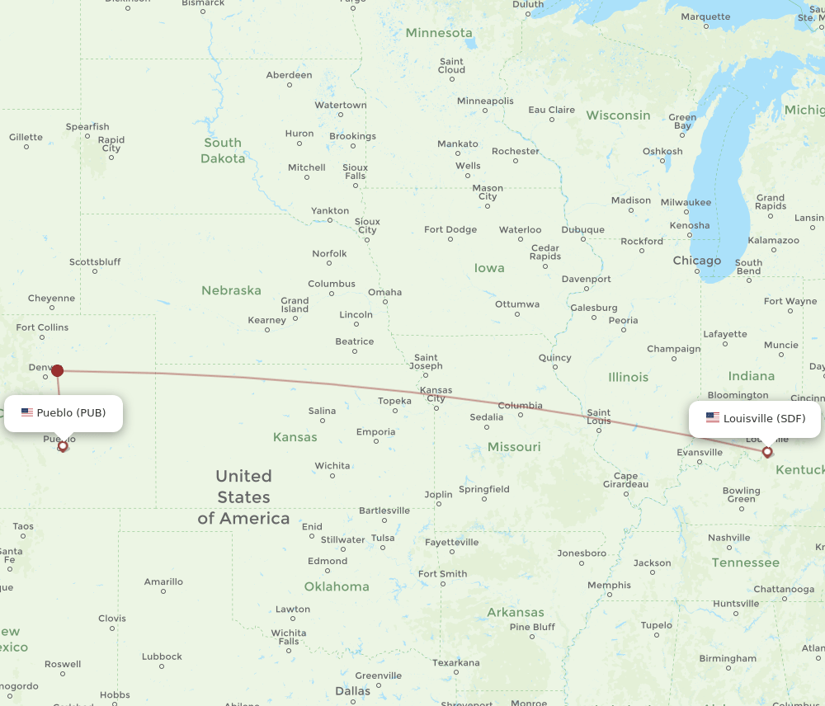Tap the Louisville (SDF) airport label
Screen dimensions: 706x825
coord(755,419)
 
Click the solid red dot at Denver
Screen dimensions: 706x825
coord(57,370)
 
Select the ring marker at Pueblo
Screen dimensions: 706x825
coord(63,446)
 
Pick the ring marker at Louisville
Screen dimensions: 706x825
coord(767,452)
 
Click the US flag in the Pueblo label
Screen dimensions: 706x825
coord(27,412)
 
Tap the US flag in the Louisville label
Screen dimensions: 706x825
coord(713,418)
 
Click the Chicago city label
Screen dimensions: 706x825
coord(696,261)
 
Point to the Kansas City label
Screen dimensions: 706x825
coord(436,394)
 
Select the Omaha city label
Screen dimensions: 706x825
coord(384,292)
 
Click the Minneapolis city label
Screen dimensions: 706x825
coord(485,101)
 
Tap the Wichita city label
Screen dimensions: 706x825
coord(332,466)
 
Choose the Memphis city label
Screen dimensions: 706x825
coord(609,586)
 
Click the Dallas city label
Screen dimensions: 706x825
coord(352,690)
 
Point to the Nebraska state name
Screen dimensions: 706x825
coord(231,290)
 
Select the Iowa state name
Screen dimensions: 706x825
coord(489,268)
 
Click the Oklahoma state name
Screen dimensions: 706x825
coord(337,586)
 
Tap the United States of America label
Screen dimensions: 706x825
coord(243,497)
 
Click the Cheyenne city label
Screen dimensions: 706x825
coord(51,299)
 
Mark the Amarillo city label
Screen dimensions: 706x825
coord(163,582)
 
